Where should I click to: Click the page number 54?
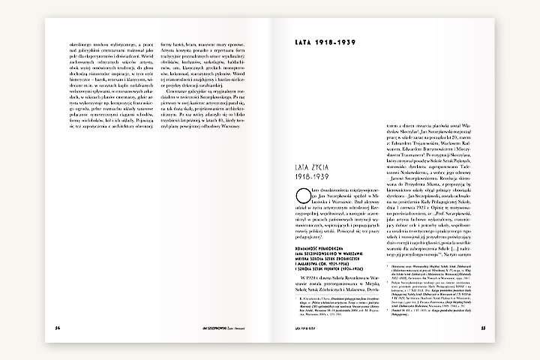coord(48,327)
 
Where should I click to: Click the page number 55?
coord(484,327)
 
